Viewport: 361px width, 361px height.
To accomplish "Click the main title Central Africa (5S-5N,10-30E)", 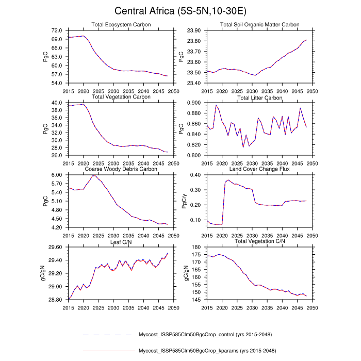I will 180,11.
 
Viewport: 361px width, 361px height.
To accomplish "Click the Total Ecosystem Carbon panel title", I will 121,25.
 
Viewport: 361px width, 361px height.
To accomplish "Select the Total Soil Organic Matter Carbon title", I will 259,25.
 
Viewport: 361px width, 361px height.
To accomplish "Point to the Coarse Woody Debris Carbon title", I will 121,169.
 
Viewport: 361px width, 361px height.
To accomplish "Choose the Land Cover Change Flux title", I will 259,169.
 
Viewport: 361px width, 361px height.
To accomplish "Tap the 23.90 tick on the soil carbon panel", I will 193,31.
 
